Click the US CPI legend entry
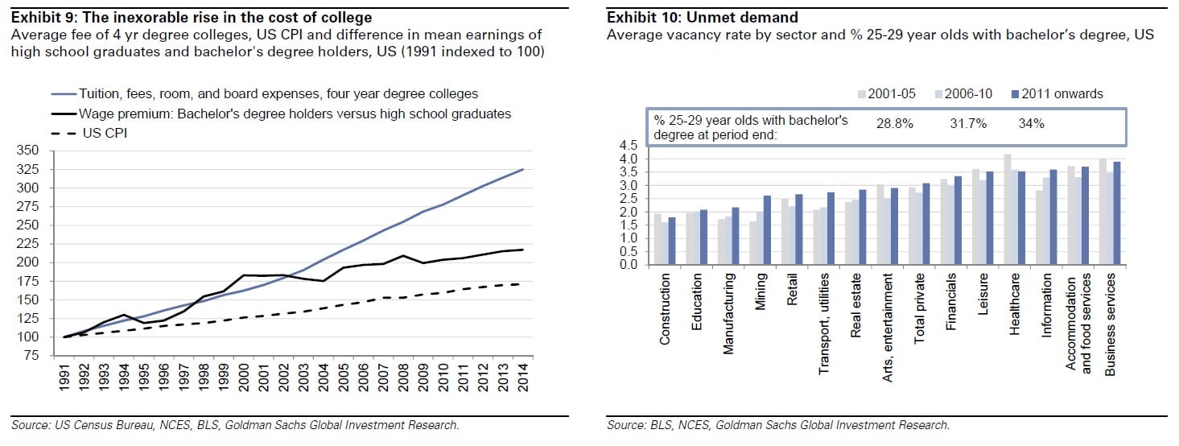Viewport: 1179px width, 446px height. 105,133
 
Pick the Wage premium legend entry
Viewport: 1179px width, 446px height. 295,114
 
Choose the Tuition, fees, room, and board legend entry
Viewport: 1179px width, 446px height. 278,94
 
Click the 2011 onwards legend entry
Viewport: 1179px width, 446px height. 1062,94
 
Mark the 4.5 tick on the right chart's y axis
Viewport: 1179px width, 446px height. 629,146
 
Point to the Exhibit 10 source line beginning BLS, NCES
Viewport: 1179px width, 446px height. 778,424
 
